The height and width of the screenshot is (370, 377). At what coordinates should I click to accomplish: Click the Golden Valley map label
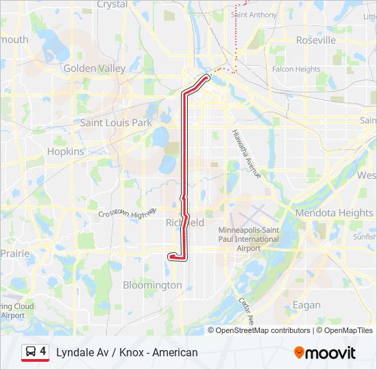(x=94, y=69)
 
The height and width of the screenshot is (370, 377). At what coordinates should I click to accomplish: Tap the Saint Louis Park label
(x=116, y=123)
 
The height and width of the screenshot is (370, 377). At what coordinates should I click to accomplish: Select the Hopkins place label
(x=65, y=151)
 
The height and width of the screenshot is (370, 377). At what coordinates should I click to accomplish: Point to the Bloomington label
(x=151, y=284)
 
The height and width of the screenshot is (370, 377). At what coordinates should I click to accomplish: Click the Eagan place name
(x=306, y=305)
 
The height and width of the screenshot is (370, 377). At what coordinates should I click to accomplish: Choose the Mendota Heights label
(x=334, y=213)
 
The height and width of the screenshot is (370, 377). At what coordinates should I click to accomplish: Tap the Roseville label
(x=316, y=40)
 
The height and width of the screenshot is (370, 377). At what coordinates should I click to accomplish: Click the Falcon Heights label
(x=296, y=69)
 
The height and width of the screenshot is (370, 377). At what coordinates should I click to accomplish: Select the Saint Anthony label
(x=254, y=14)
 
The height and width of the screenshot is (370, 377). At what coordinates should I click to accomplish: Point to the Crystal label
(x=112, y=4)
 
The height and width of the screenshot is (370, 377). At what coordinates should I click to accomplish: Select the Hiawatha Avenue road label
(x=246, y=153)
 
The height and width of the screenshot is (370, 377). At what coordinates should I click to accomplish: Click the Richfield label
(x=185, y=223)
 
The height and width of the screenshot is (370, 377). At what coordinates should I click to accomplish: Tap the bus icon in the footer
(x=30, y=352)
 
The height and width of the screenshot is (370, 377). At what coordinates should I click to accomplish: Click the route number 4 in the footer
(x=43, y=351)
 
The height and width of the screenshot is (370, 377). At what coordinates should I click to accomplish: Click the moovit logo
(x=325, y=353)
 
